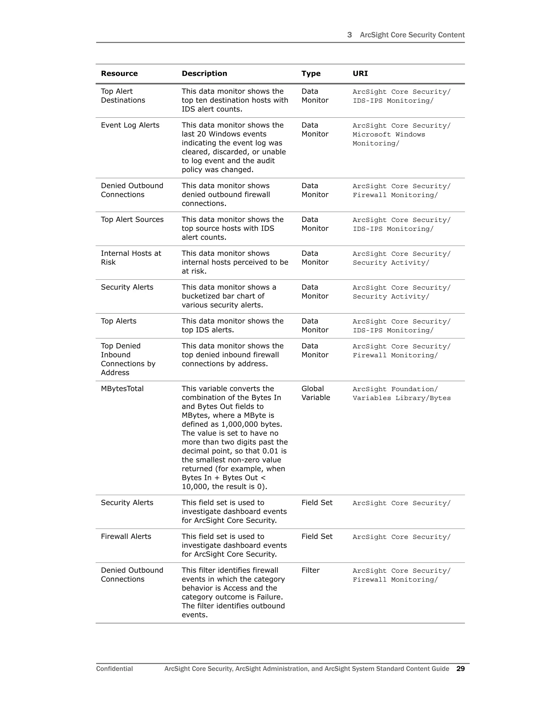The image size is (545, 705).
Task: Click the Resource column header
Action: pyautogui.click(x=119, y=74)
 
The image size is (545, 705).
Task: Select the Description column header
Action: pyautogui.click(x=204, y=74)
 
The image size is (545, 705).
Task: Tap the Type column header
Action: pyautogui.click(x=311, y=74)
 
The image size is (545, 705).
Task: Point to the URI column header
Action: pyautogui.click(x=360, y=74)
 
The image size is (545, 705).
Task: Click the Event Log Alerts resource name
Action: pyautogui.click(x=130, y=125)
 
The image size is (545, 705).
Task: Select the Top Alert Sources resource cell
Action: pyautogui.click(x=132, y=219)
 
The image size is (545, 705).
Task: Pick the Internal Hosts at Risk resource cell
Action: pyautogui.click(x=131, y=258)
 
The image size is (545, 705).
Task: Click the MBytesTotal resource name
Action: pyautogui.click(x=122, y=389)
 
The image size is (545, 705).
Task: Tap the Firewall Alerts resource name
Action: pyautogui.click(x=126, y=537)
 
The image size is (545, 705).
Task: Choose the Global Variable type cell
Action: pyautogui.click(x=315, y=393)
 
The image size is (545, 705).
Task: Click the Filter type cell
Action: pyautogui.click(x=310, y=570)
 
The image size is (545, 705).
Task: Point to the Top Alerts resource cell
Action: pyautogui.click(x=118, y=321)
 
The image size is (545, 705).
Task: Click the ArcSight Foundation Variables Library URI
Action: pyautogui.click(x=401, y=393)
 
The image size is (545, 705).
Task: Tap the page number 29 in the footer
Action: pyautogui.click(x=460, y=669)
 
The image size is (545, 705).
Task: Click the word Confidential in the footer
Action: pyautogui.click(x=114, y=669)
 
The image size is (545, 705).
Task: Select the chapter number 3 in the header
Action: pyautogui.click(x=349, y=35)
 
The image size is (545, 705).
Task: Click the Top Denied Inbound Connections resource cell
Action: pyautogui.click(x=128, y=359)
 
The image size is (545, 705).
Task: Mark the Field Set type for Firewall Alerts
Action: pyautogui.click(x=317, y=537)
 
